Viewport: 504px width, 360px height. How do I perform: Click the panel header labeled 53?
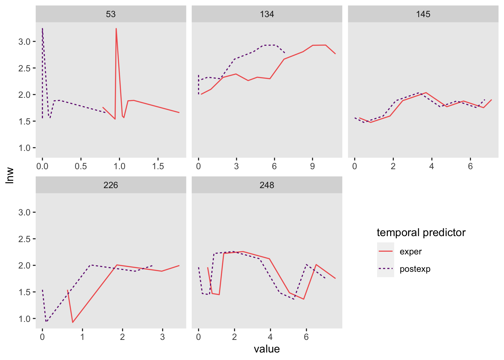pos(111,14)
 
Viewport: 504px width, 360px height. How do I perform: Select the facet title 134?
pos(267,14)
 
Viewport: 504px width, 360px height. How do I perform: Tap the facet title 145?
pos(423,14)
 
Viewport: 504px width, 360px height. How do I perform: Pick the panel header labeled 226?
pos(111,185)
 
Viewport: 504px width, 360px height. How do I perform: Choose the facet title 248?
pos(267,185)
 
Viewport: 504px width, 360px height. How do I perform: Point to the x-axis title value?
pos(267,349)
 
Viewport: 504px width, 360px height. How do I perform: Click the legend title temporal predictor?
pos(421,232)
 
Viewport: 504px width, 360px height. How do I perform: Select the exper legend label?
pos(410,251)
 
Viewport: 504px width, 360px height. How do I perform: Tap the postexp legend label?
pos(415,269)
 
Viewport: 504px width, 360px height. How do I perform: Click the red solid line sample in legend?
pos(385,251)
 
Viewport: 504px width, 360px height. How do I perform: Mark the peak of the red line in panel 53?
pos(116,28)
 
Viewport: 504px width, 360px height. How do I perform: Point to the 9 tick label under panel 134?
pos(312,166)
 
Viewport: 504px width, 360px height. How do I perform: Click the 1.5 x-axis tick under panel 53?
pos(158,166)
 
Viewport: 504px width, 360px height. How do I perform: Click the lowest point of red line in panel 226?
pos(73,322)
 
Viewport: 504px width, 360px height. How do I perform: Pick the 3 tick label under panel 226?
pos(162,337)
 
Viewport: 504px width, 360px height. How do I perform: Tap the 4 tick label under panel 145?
pos(431,166)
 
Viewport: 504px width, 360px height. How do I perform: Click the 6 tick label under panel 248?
pos(306,337)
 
